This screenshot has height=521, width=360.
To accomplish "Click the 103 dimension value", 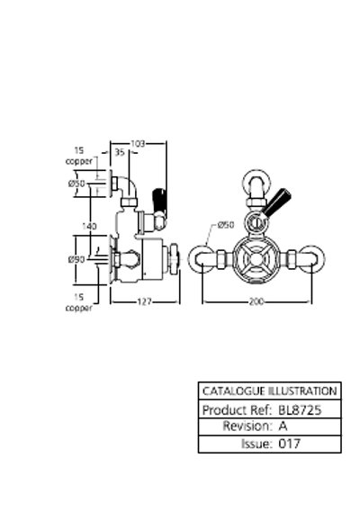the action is coord(138,144).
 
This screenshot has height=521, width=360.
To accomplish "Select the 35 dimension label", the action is coord(120,152).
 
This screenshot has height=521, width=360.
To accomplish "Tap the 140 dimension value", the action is coord(89,226).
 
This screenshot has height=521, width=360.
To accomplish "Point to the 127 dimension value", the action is coord(144,301).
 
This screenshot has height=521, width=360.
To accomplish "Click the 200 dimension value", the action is coord(256,301).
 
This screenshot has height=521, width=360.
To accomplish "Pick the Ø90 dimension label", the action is coord(76,259).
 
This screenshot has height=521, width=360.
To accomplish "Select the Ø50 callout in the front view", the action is coord(226,225).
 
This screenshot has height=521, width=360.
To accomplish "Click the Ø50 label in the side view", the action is coord(76,184).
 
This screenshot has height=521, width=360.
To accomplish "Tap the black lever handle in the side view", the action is coord(158,201).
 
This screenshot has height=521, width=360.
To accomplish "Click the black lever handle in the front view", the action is coord(276,202).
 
